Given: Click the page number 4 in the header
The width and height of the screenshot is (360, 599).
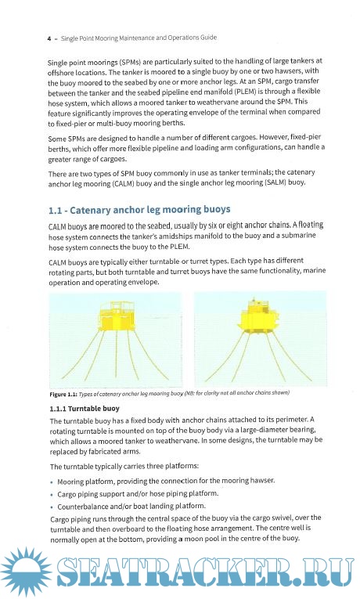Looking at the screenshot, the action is click(x=49, y=38).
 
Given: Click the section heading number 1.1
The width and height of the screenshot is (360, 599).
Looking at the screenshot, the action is click(x=55, y=211).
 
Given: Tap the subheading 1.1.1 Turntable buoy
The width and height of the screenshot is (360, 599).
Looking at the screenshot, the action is click(x=85, y=409).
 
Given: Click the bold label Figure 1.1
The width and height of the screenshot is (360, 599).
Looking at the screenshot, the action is click(x=63, y=394).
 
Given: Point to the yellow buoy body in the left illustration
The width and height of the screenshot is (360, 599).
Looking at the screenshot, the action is click(x=116, y=316).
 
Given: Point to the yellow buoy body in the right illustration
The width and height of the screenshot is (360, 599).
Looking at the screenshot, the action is click(x=258, y=316).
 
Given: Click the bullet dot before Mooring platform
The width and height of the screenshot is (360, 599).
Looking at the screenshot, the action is click(x=52, y=482).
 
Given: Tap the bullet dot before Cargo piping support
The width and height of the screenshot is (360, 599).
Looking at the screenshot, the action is click(x=52, y=495).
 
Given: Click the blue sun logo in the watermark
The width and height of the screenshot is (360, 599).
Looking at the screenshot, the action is click(x=26, y=572).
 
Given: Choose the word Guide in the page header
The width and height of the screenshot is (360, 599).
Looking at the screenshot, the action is click(x=207, y=38).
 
